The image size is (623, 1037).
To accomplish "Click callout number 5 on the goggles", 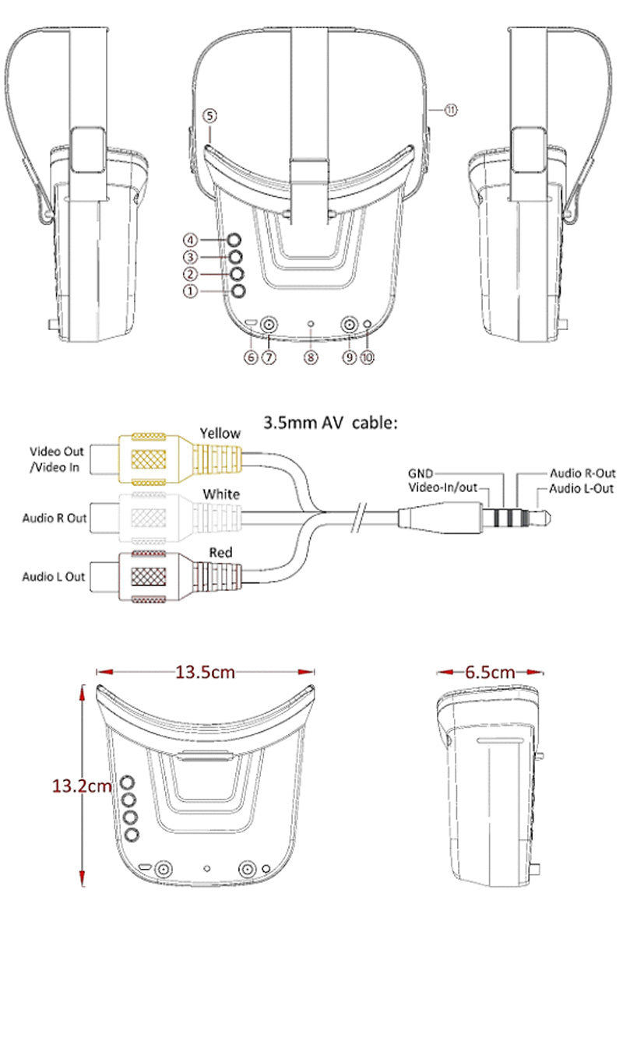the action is (x=209, y=116).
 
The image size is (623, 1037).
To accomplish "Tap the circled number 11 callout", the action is (x=451, y=110).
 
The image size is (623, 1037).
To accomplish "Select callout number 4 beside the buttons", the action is (x=190, y=241).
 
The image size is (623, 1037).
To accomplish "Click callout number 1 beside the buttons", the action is (x=190, y=291).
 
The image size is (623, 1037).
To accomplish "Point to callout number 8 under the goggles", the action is (x=311, y=357).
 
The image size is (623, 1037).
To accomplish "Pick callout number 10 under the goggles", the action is (x=368, y=357).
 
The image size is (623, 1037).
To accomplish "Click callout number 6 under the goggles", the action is (x=251, y=357).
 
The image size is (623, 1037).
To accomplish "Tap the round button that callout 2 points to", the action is (x=237, y=273).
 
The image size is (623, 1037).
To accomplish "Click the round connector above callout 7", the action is (x=269, y=325).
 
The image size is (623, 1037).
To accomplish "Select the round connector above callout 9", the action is (x=349, y=325).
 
